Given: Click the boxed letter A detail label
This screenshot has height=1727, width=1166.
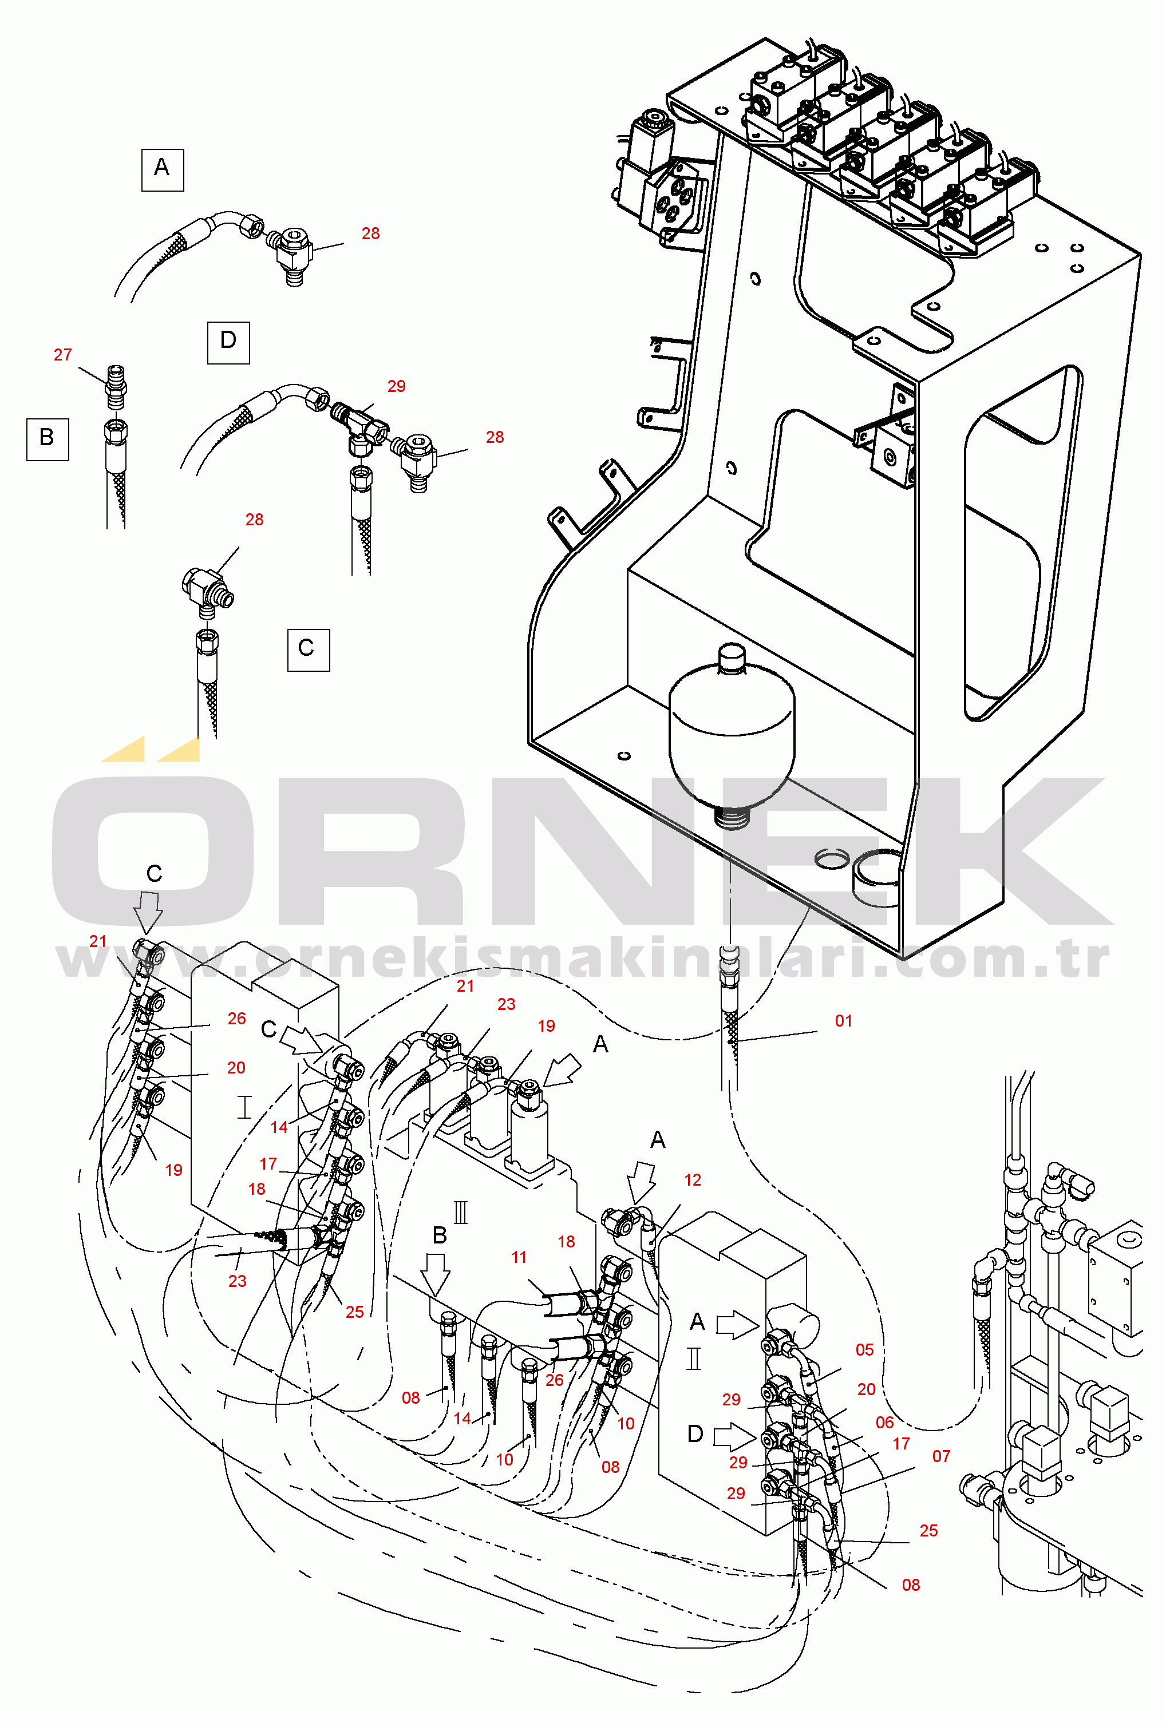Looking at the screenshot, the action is pos(162,170).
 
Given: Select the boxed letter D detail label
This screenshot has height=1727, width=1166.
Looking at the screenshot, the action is pos(228,343).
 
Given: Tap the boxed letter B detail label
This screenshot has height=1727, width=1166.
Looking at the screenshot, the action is pos(48,439).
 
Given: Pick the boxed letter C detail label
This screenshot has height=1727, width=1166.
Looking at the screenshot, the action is pos(309,650).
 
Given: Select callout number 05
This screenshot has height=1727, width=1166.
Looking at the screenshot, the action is pos(864,1349).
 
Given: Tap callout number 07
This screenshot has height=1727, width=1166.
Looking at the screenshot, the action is pos(941,1456).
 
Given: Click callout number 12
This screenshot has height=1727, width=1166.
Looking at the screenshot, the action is pos(692,1179).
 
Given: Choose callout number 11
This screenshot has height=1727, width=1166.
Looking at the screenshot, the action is pos(519,1257).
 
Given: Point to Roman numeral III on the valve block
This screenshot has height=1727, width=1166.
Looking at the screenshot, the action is pos(461,1213).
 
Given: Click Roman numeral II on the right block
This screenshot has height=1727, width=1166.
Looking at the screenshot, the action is pos(693,1358).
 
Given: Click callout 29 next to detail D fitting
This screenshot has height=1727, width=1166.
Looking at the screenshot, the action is pos(396,386).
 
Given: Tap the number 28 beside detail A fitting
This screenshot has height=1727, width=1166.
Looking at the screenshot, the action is pos(370,233).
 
